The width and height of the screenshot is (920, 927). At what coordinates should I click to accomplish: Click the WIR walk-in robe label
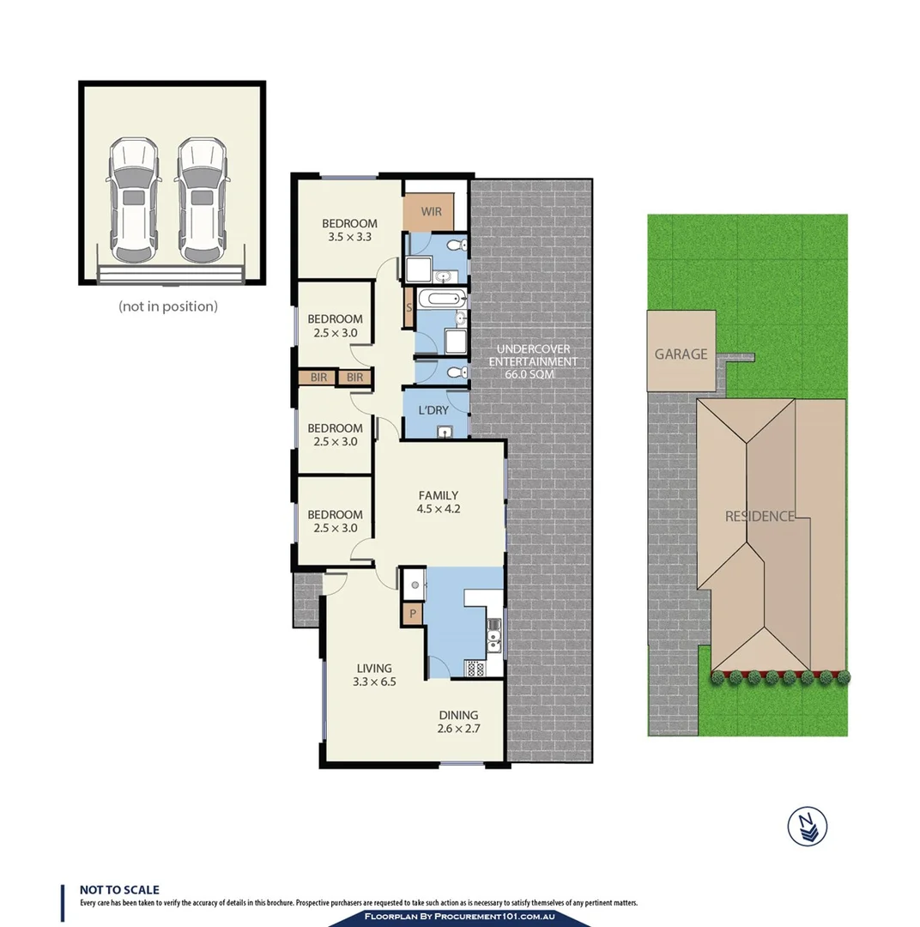(431, 211)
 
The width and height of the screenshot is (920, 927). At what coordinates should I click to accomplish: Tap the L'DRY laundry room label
(433, 410)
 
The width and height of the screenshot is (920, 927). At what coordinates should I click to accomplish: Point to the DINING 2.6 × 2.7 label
(458, 722)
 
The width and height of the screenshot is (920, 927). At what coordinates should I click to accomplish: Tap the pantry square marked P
(413, 614)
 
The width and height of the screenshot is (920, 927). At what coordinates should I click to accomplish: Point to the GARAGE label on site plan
(681, 354)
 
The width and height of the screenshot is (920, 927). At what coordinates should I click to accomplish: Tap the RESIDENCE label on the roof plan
(760, 517)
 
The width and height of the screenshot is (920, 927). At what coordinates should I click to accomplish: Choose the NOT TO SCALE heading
(119, 891)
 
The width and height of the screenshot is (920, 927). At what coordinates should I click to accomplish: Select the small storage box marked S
(409, 306)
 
